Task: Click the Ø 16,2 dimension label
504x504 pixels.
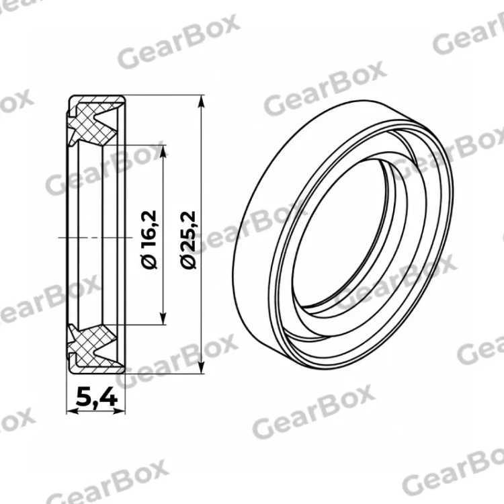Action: [x=149, y=239]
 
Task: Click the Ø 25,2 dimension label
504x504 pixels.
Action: [x=187, y=240]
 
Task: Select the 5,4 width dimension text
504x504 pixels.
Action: [x=97, y=397]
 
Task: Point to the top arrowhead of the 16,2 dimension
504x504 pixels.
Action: [x=163, y=151]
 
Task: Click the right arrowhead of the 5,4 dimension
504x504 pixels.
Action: [x=118, y=411]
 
